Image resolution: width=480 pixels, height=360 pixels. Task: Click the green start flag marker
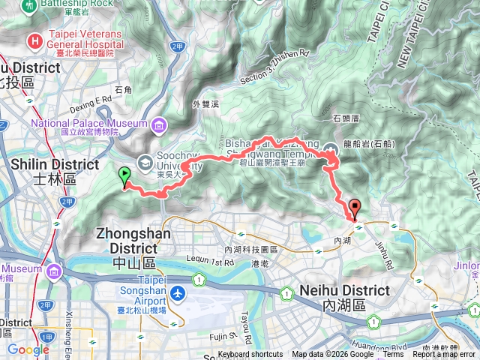(124, 175)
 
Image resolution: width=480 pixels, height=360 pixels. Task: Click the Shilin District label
(56, 164)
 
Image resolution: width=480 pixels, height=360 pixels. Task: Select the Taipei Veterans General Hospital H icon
(34, 40)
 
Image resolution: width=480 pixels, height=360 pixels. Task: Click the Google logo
(28, 349)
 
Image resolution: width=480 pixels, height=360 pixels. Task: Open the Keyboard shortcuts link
(250, 355)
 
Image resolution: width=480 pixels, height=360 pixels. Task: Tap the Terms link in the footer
(392, 355)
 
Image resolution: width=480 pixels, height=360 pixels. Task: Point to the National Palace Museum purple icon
(159, 124)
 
